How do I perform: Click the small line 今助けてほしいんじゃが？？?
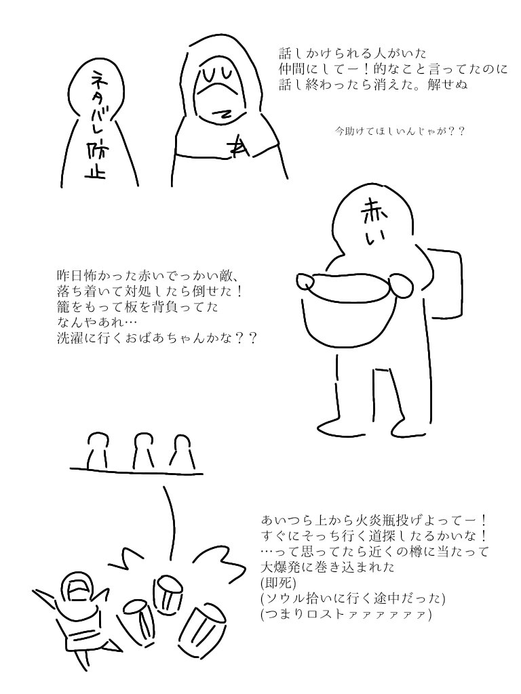400,131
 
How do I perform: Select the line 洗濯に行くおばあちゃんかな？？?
157,339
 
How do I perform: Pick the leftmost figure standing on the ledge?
98,451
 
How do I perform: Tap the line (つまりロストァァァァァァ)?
346,615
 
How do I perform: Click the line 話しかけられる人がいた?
353,54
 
